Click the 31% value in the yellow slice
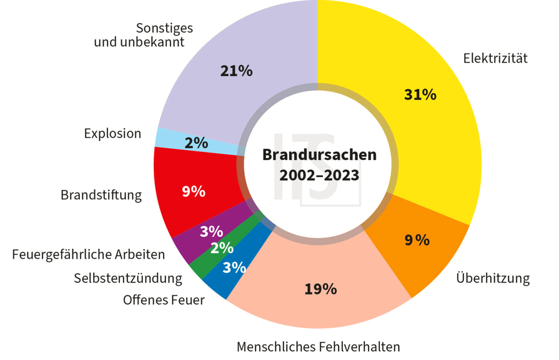420,95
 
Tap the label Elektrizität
495,59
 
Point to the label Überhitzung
493,278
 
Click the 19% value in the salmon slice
320,289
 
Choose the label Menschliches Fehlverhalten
318,346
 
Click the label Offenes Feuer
164,300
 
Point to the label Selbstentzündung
128,277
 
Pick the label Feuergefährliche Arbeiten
89,255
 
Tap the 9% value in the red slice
194,192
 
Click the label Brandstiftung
101,195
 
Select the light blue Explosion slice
187,141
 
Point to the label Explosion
112,134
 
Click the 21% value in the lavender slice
236,71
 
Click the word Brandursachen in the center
319,154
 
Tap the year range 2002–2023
319,176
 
